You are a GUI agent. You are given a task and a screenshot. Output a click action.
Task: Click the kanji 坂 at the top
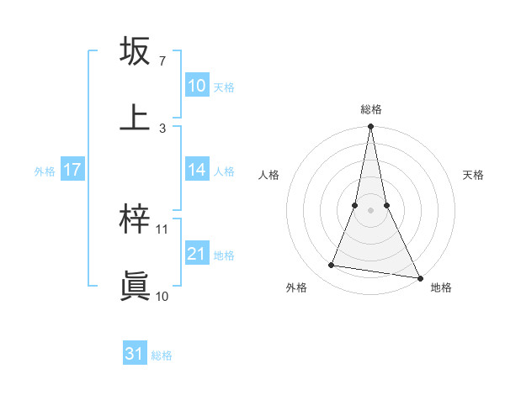point(135,51)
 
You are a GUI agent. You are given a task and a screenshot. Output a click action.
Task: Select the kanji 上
point(135,117)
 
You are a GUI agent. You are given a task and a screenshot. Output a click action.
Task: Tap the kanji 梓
point(135,219)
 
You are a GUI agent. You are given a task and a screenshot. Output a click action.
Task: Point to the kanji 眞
point(135,285)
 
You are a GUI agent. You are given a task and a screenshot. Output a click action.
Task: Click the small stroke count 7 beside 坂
point(162,61)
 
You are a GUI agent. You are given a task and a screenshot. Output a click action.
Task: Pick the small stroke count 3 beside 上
point(162,128)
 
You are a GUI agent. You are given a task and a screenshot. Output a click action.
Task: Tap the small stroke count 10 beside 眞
point(162,296)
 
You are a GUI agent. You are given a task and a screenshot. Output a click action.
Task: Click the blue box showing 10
point(197,86)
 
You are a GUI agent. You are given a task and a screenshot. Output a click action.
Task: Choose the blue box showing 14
point(197,170)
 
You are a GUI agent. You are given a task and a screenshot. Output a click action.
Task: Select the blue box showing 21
point(197,254)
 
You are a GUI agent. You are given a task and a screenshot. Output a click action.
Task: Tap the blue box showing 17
point(72,170)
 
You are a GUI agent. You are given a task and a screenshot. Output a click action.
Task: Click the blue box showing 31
point(135,355)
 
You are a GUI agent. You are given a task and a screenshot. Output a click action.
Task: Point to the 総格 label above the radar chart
point(371,109)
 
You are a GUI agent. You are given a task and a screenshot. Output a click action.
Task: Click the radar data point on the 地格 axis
point(419,277)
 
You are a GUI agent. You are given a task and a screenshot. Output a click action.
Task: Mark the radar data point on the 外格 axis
point(332,266)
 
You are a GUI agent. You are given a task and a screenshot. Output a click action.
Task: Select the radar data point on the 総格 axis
point(371,127)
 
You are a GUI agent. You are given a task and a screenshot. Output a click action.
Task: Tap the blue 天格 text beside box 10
point(224,87)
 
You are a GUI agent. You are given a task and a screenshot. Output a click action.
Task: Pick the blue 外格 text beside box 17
point(45,171)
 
